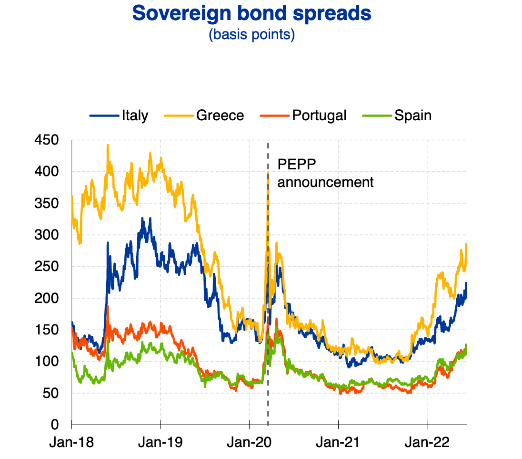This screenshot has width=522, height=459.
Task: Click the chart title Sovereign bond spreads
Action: tap(251, 13)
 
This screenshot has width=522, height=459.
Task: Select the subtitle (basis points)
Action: tap(251, 35)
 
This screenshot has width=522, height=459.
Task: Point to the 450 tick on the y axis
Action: tap(46, 140)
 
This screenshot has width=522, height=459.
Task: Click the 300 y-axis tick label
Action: tap(46, 235)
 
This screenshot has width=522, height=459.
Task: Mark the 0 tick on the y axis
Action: tap(55, 425)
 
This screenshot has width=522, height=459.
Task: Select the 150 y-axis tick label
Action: tap(46, 330)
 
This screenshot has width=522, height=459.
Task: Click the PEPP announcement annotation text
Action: tap(325, 174)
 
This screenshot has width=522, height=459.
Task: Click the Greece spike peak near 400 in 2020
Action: tap(268, 173)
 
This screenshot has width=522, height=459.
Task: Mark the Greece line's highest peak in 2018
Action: tap(108, 145)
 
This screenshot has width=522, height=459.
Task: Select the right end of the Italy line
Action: tap(466, 283)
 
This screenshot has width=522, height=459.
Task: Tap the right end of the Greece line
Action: tap(466, 244)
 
